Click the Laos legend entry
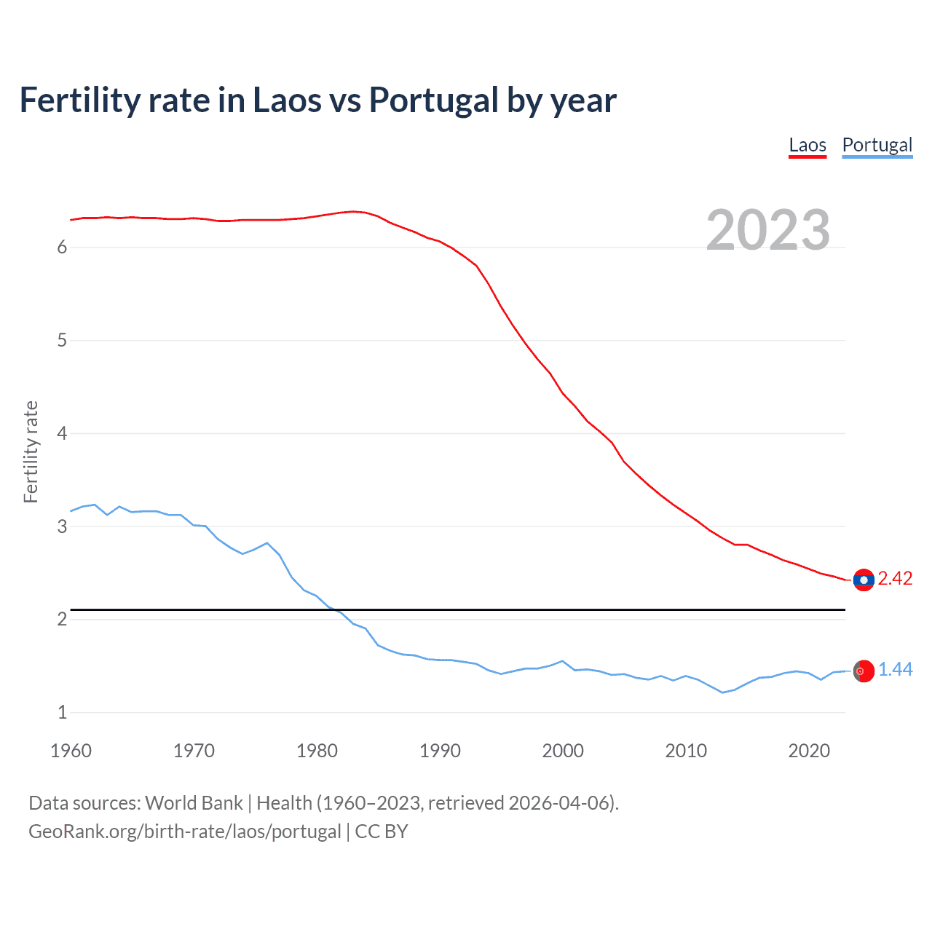[807, 145]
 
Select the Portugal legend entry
[877, 145]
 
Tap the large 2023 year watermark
[768, 230]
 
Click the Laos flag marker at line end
[864, 580]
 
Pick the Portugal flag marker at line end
[864, 671]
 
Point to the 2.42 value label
[895, 579]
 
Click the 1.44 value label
[895, 670]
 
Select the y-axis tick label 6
[62, 248]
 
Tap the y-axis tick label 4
[62, 434]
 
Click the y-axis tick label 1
[62, 713]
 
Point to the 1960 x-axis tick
[71, 751]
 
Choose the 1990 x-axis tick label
[440, 751]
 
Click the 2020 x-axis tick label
[809, 751]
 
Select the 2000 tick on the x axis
[563, 751]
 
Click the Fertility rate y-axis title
[31, 451]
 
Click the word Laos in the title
[285, 100]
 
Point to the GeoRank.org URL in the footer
[185, 832]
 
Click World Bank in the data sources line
[194, 803]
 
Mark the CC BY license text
[382, 832]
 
